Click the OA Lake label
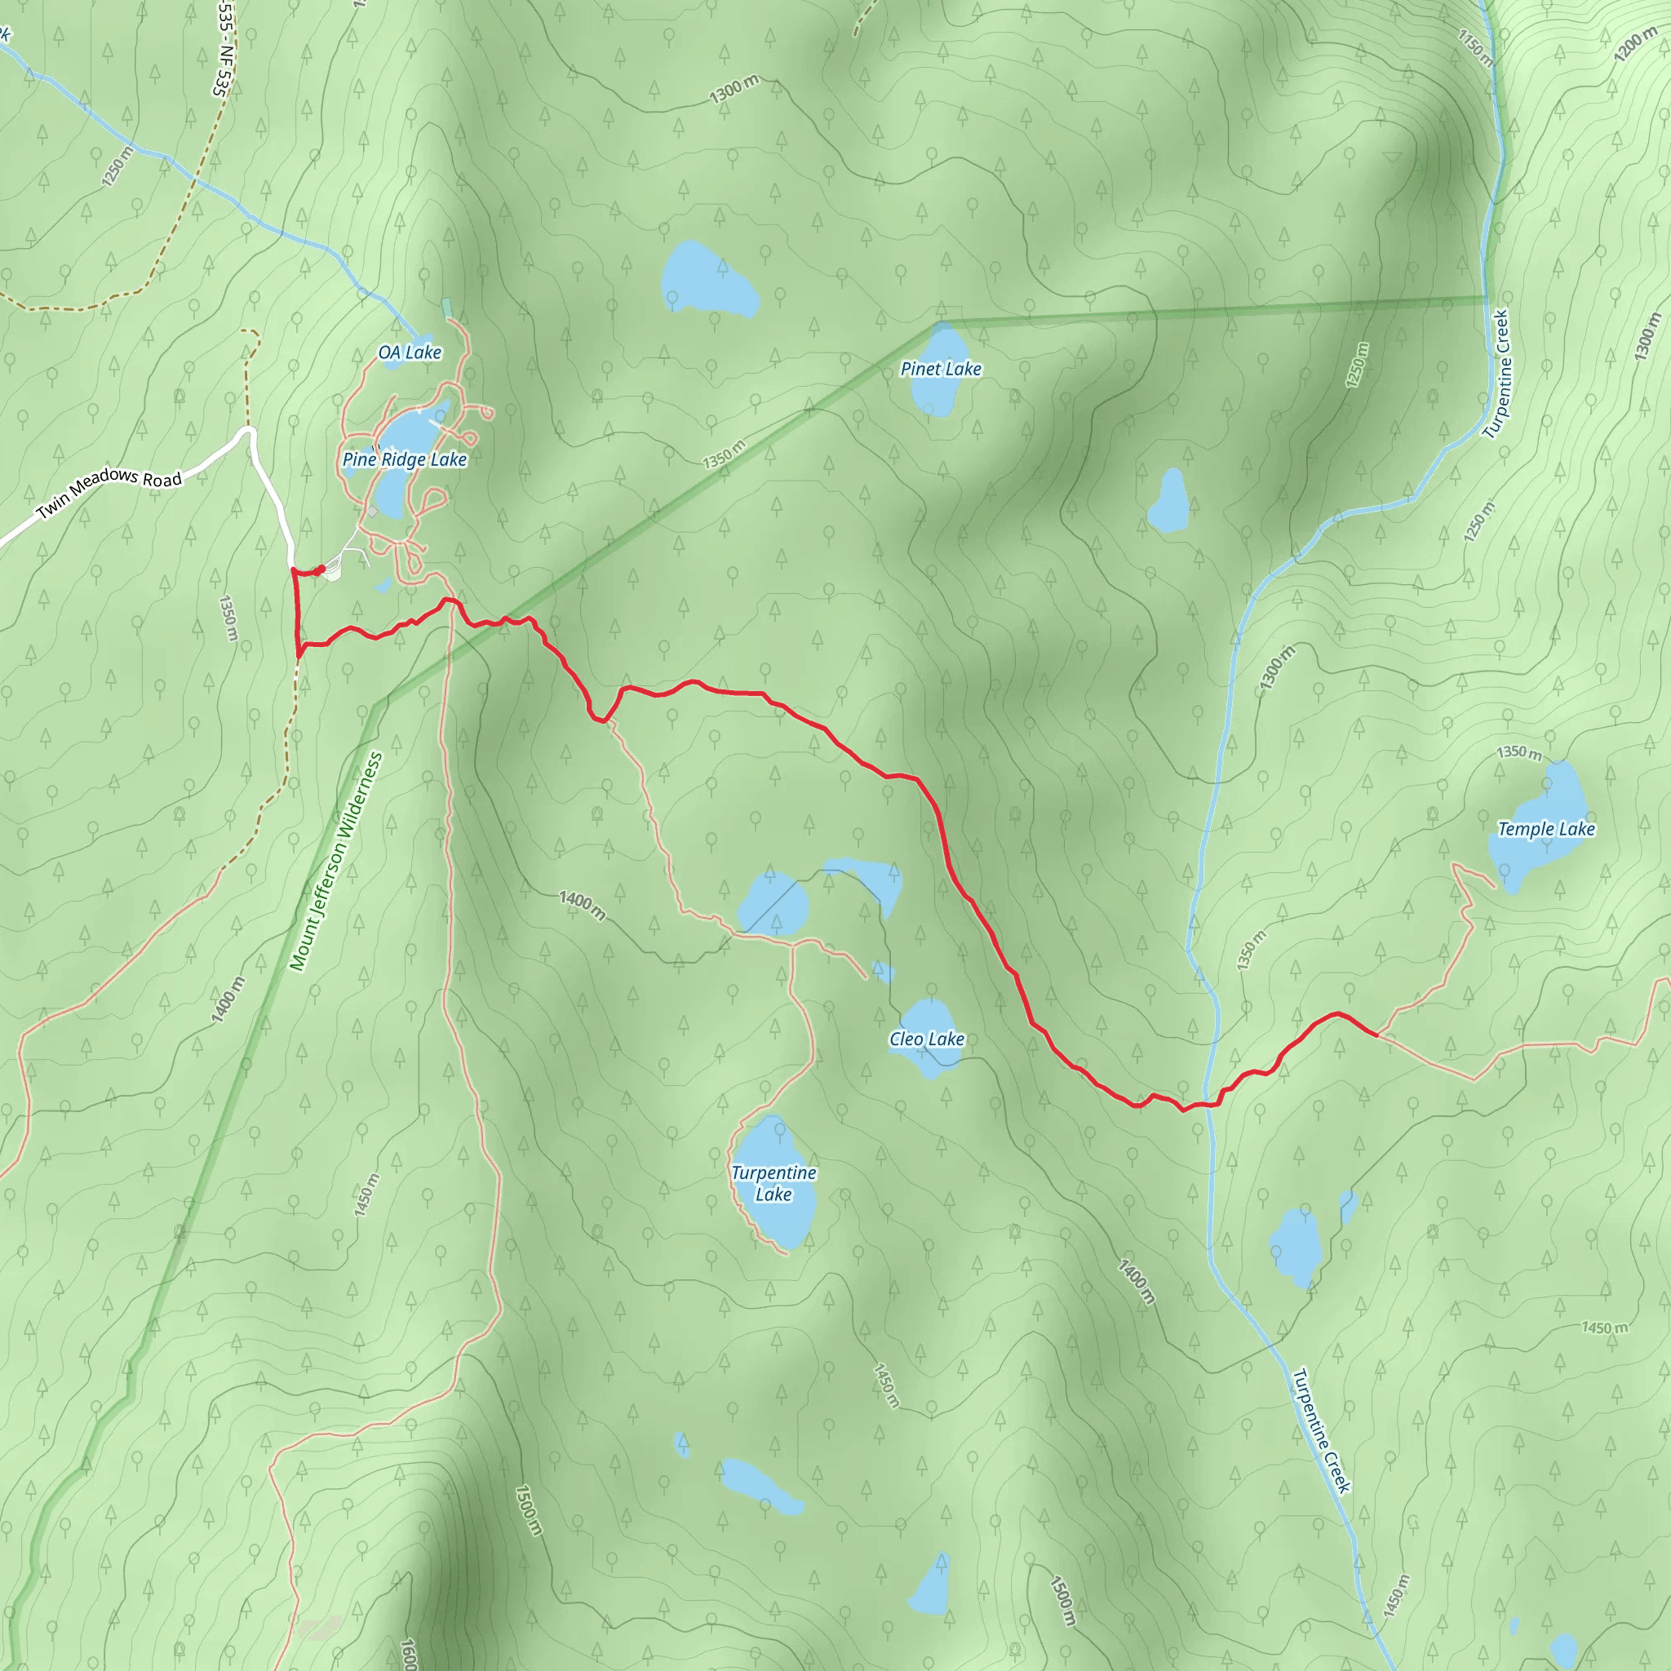tap(409, 352)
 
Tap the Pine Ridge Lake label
tap(404, 459)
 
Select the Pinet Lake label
tap(940, 369)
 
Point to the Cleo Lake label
tap(926, 1039)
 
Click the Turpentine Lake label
tap(773, 1183)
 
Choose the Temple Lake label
tap(1545, 829)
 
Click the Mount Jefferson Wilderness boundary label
tap(335, 862)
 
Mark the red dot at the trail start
tap(321, 570)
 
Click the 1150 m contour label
tap(1474, 47)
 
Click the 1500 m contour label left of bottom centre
tap(529, 1510)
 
